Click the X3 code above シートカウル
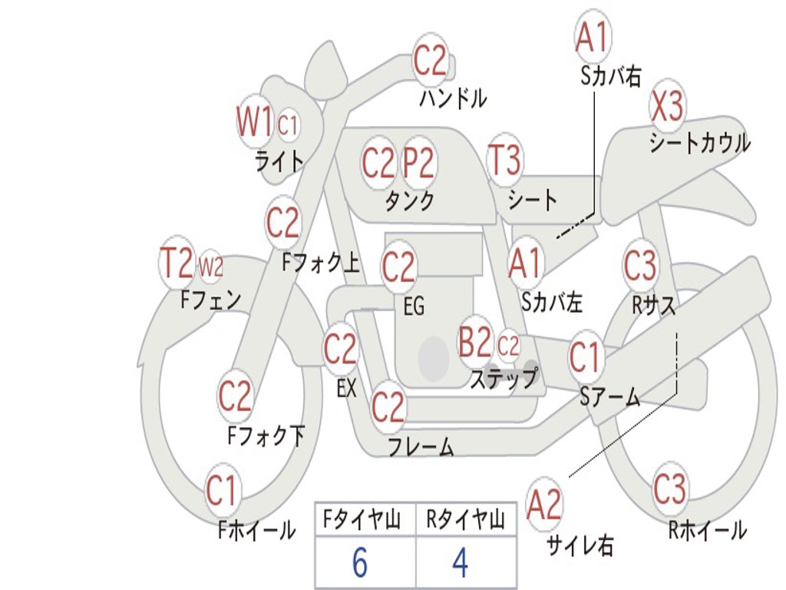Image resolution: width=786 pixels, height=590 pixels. pos(667,107)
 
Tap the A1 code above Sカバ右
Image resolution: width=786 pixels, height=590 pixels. pos(592,35)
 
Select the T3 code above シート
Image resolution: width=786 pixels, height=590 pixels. pos(504,161)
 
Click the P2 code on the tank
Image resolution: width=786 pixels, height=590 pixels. pos(418,162)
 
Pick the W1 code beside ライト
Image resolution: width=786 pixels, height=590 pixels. pos(254,121)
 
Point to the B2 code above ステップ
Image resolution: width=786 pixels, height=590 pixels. pos(474,343)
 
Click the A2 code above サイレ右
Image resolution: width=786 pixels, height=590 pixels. pos(544,505)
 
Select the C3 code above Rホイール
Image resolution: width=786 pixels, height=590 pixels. pos(669,489)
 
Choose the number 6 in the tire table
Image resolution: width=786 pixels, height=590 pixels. pos(359,563)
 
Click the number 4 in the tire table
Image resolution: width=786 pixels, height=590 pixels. pos(461,563)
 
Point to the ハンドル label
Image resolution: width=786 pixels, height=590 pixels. pos(453,98)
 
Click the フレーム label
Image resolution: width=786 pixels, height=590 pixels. pos(420,447)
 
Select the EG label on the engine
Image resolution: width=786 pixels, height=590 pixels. pos(414,307)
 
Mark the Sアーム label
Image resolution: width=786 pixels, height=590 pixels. pos(609,396)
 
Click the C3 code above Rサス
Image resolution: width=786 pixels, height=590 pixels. pos(640,266)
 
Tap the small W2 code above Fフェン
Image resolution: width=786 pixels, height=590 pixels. pos(211,267)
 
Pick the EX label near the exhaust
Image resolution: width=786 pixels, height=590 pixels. pos(346,388)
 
